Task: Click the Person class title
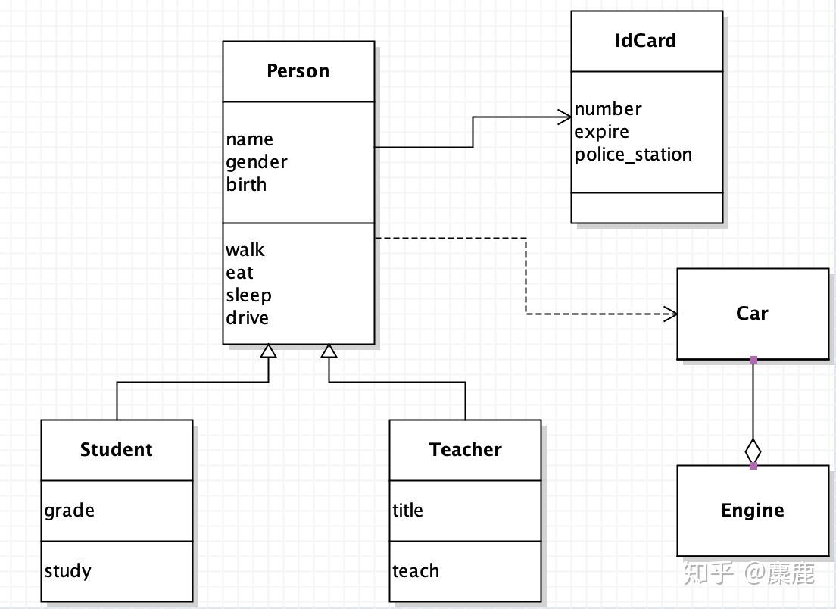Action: point(298,71)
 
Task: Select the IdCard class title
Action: point(646,41)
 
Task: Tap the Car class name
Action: point(752,313)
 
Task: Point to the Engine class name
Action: point(753,511)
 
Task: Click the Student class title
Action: point(116,449)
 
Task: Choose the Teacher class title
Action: point(465,449)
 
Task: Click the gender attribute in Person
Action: point(257,162)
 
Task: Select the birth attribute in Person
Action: point(246,185)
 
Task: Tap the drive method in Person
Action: point(248,318)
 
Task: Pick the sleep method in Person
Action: point(248,295)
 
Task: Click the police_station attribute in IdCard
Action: point(633,155)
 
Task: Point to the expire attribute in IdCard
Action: point(601,133)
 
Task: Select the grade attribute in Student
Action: point(70,511)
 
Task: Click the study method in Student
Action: point(67,571)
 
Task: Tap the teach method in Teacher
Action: point(416,571)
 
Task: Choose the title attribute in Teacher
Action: point(408,511)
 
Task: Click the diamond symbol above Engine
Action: point(753,451)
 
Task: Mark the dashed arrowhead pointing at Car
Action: point(671,314)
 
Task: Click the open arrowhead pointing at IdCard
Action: point(565,117)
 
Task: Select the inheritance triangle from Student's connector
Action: point(268,351)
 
